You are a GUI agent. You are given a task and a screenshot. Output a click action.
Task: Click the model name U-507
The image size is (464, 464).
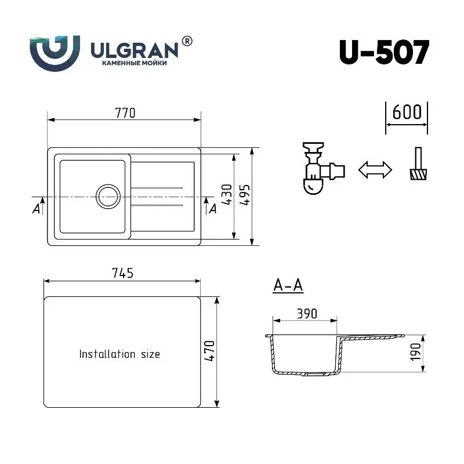click(383, 53)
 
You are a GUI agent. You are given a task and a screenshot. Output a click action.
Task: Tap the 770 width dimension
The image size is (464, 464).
click(125, 113)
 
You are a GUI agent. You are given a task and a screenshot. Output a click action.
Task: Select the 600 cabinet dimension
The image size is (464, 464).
click(407, 111)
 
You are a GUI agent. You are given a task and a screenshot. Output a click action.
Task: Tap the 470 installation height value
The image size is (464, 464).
click(209, 351)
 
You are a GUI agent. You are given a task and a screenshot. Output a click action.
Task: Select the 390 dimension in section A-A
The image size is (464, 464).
click(307, 313)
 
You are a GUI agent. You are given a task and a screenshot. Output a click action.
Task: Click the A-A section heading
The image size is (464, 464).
click(288, 285)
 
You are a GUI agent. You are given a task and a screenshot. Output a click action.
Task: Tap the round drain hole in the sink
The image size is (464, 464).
click(108, 197)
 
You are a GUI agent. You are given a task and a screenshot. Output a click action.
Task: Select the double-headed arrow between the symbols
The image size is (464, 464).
click(375, 170)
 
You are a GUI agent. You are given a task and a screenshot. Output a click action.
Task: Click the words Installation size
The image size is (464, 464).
click(119, 354)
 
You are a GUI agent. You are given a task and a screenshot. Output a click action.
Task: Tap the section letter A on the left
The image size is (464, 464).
click(37, 209)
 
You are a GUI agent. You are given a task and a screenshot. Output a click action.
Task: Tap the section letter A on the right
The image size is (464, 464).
click(212, 209)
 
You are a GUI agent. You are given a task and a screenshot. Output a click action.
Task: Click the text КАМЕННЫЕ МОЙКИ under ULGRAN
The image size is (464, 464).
click(134, 62)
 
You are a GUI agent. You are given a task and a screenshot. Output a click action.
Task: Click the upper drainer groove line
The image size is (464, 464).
click(158, 188)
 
